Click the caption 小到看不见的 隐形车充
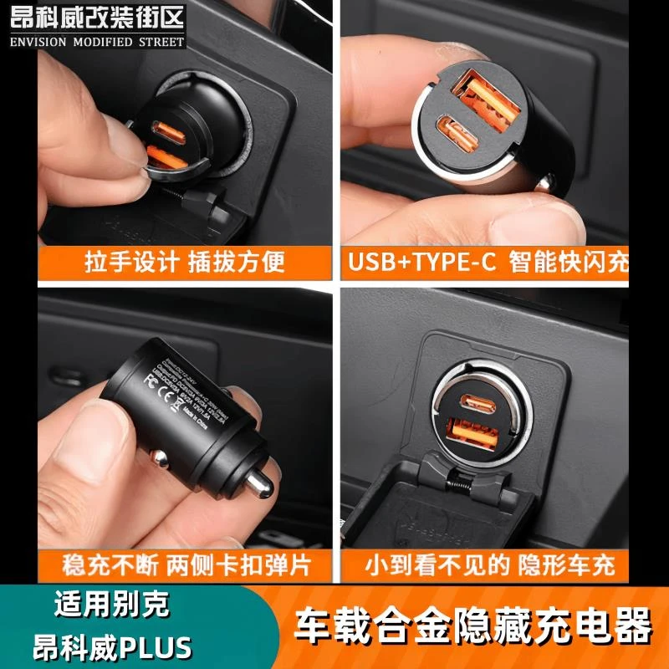(x=490, y=565)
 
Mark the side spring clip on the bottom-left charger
(x=159, y=459)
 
